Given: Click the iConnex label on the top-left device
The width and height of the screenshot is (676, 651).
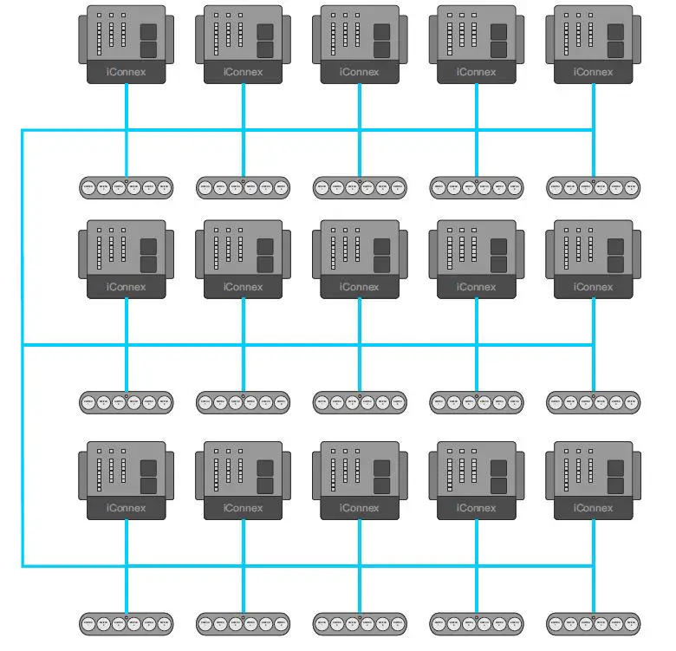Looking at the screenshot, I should (x=126, y=72).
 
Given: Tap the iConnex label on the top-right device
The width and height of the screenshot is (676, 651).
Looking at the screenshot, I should (x=593, y=72).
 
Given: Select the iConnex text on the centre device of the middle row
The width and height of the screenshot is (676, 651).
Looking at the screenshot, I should (x=359, y=287).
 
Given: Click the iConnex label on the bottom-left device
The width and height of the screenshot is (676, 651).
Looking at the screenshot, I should (x=126, y=508).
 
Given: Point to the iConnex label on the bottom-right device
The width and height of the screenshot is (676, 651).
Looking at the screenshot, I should (x=593, y=508).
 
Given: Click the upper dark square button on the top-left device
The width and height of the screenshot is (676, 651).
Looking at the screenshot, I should (x=148, y=31).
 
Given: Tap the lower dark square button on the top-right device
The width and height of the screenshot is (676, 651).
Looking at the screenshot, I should (x=615, y=49).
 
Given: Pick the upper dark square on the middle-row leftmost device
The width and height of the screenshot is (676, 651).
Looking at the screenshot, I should (x=148, y=247).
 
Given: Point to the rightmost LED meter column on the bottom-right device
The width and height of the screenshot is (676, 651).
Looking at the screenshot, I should (x=591, y=473).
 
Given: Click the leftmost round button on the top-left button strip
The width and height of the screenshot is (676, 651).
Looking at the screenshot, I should (x=88, y=186).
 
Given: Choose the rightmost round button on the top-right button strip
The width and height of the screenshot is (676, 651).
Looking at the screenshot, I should (x=631, y=186).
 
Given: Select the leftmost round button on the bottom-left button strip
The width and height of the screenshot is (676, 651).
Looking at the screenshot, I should (x=88, y=622).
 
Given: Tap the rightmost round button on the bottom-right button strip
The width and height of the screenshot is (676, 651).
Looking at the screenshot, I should (x=631, y=622).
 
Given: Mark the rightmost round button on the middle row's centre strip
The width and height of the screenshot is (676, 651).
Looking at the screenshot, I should (x=398, y=402).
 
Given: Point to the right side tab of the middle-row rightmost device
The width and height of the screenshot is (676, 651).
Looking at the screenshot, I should (x=637, y=255).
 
